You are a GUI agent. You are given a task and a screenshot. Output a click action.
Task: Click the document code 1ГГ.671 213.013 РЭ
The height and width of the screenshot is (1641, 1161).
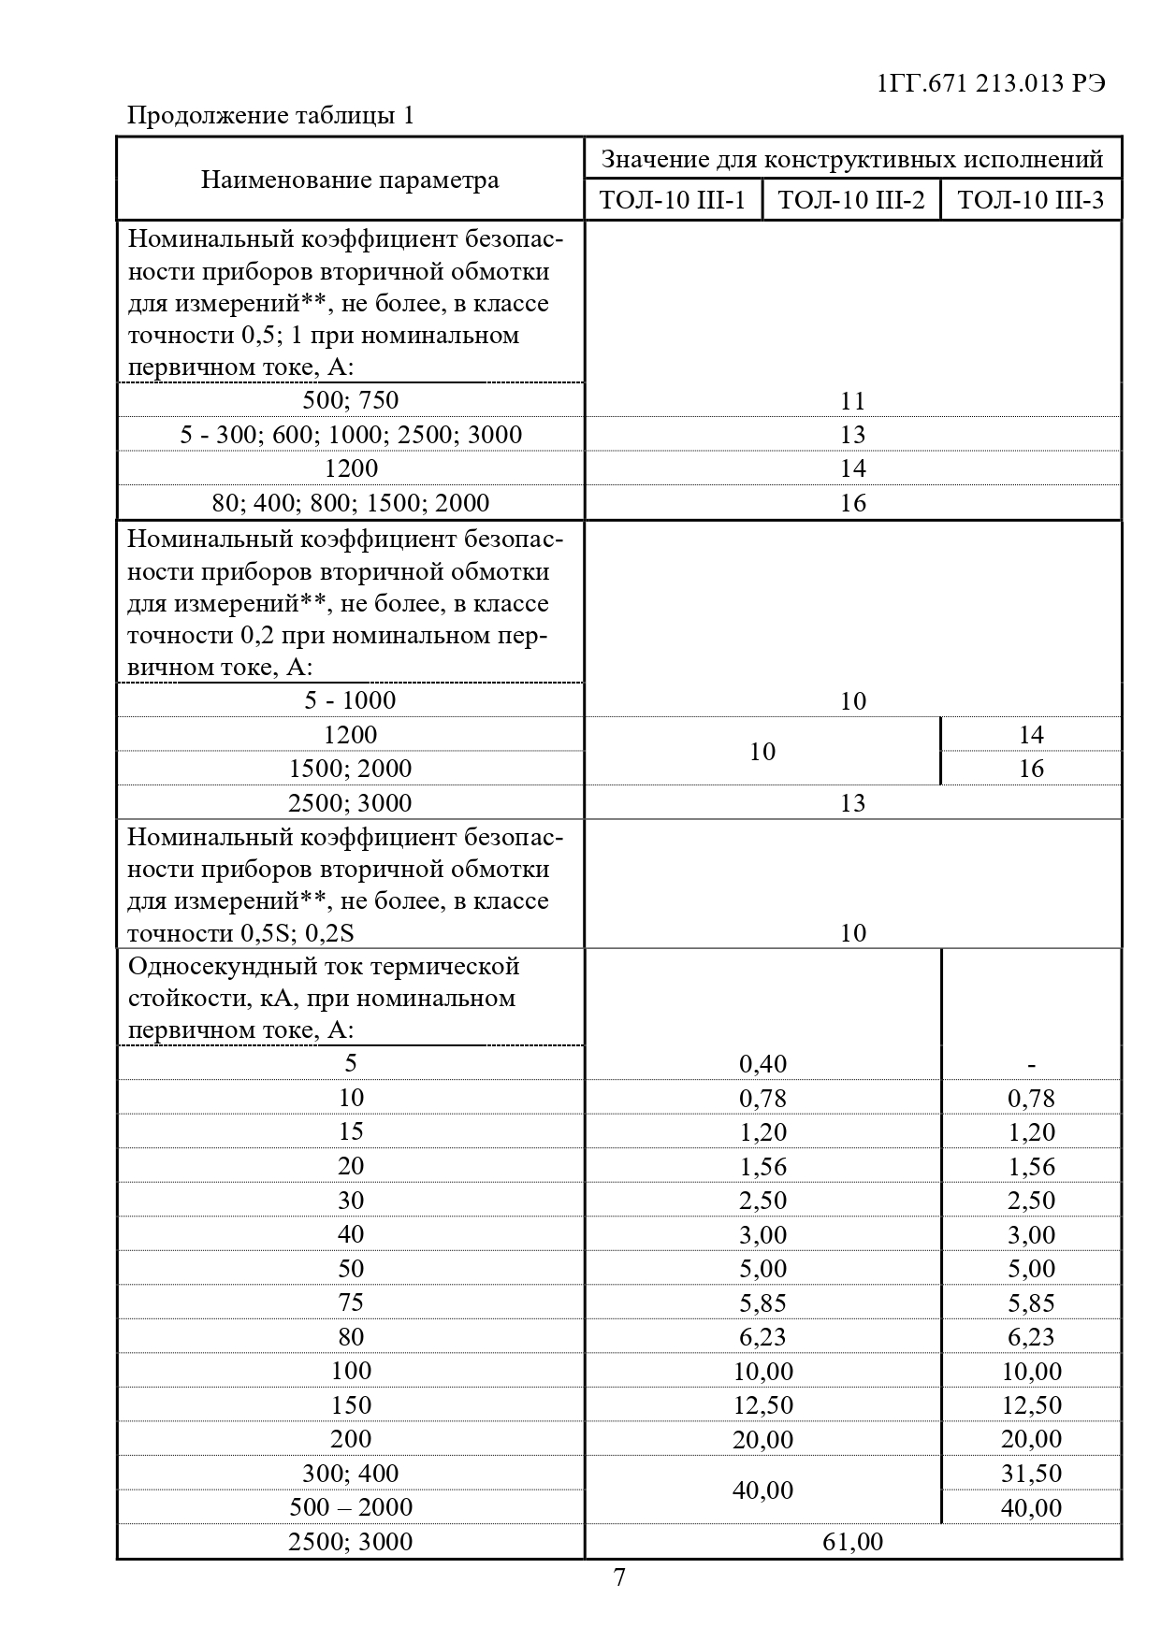(992, 83)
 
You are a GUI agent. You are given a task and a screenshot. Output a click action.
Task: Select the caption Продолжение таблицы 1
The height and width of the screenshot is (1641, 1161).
(269, 116)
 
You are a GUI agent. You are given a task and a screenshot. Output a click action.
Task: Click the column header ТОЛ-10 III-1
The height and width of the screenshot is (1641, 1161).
(673, 200)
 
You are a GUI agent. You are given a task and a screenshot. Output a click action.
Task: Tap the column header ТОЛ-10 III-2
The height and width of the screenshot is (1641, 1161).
(851, 200)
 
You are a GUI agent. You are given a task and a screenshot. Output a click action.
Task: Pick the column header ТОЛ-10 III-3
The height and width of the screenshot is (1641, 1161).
(1030, 200)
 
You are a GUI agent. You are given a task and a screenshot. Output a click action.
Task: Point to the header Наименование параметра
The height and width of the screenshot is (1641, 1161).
(350, 180)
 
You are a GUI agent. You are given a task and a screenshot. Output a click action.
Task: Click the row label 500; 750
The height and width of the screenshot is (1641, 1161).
(351, 400)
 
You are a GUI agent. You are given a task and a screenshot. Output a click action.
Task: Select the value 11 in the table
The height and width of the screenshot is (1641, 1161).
(852, 401)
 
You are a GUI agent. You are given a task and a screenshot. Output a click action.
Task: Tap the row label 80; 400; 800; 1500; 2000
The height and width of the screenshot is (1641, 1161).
(351, 503)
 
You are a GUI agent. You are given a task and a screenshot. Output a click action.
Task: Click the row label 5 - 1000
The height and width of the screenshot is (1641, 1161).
(351, 700)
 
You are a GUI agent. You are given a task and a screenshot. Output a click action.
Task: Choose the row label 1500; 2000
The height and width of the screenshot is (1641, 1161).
(351, 769)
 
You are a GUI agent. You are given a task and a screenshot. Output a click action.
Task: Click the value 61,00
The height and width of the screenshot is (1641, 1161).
(852, 1542)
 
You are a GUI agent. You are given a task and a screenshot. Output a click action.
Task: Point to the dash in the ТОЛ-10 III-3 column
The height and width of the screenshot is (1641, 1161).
(1031, 1064)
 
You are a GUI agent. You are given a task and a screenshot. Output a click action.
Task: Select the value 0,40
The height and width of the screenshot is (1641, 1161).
(762, 1064)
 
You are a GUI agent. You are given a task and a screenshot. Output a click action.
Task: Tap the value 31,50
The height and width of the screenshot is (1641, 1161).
(1031, 1474)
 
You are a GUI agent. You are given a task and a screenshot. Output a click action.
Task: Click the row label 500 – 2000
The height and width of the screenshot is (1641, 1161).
(351, 1507)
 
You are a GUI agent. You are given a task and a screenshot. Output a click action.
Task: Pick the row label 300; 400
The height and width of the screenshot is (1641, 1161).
(351, 1474)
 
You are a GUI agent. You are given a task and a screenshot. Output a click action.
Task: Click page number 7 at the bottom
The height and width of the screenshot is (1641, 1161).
(619, 1578)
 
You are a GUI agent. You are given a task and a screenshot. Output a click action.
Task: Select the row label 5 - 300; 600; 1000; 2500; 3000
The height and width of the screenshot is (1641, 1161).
(351, 435)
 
